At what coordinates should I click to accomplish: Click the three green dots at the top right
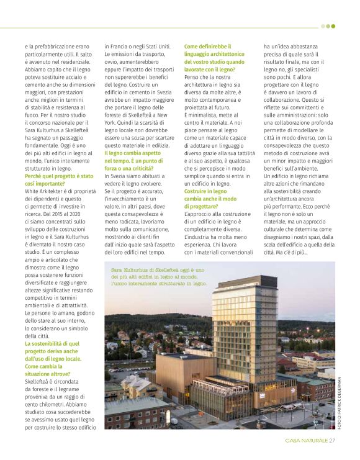click(328, 26)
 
